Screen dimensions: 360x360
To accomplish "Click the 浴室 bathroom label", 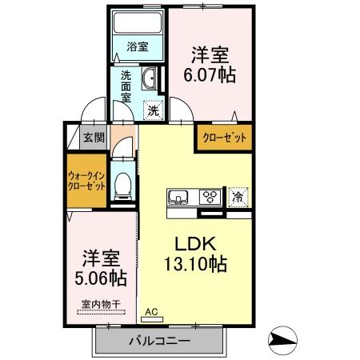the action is coord(138,47).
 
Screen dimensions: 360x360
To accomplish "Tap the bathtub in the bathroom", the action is coord(138,22).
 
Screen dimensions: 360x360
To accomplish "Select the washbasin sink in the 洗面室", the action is coord(150,78).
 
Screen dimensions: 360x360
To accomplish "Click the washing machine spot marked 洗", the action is coord(154,110).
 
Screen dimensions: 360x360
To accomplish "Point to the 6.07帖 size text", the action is coord(210,75).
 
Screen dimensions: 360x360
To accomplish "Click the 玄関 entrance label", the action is coord(94,138).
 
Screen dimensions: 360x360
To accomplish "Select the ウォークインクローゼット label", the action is coord(86,181).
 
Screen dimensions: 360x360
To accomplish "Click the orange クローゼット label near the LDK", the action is coord(225,138).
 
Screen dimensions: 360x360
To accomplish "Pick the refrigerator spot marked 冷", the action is coord(238,198).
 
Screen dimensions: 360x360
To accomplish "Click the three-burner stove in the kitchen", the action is coord(210,197).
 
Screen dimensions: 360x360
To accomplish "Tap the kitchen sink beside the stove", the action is coord(178,197).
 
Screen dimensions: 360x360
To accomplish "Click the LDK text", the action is coord(195,244).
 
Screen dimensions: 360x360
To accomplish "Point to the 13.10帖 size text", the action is coord(195,264).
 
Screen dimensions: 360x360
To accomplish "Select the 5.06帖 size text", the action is coord(101,278).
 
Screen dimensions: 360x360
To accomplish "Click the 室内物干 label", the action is coord(101,304).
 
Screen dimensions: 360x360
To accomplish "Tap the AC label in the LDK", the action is coord(152,312).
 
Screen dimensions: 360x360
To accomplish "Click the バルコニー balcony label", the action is coord(160,341).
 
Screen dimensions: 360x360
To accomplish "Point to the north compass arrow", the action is coord(282,341).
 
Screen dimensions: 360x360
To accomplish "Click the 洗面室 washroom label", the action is coord(126,86).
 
